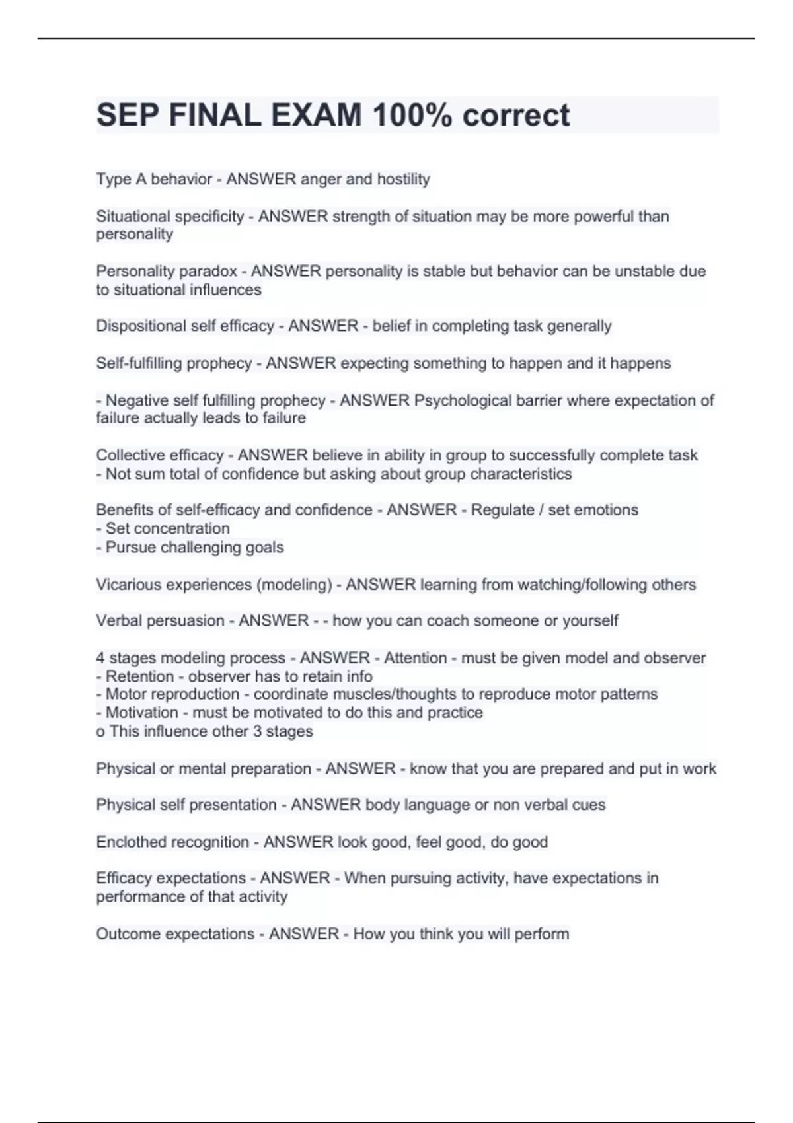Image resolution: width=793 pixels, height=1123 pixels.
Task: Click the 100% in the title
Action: pos(412,116)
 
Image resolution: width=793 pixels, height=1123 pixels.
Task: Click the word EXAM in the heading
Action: pos(316,116)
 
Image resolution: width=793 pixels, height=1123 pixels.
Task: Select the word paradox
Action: pos(211,271)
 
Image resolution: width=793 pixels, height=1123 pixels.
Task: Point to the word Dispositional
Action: pos(141,326)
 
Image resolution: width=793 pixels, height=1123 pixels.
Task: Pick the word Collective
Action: pos(127,455)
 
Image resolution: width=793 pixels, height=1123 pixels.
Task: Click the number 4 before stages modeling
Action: pos(100,658)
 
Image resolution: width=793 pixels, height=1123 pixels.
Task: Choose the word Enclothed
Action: pos(129,842)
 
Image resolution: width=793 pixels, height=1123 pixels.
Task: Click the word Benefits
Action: pos(123,510)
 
